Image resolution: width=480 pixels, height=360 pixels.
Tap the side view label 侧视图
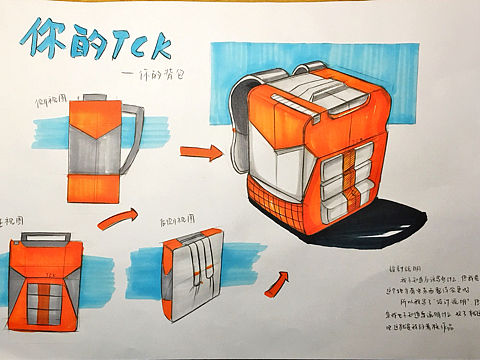pyautogui.click(x=51, y=103)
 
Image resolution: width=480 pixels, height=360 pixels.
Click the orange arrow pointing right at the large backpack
pyautogui.click(x=201, y=151)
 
